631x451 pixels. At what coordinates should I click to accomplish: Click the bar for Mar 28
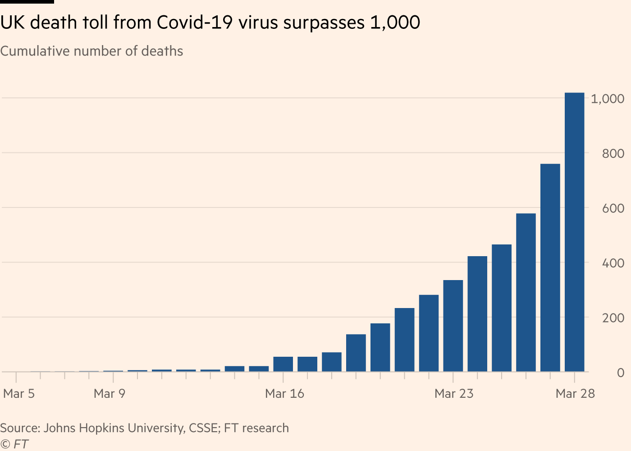pos(574,232)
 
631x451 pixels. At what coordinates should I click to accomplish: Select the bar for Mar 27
pos(550,268)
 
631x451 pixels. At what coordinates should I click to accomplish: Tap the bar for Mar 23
pos(453,326)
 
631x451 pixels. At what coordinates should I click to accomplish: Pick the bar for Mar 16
pos(283,364)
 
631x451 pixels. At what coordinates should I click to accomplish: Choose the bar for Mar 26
pos(526,293)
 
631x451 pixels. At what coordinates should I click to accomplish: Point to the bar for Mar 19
pos(356,353)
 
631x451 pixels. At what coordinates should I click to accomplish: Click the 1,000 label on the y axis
pos(608,99)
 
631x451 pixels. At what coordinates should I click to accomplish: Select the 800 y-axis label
pos(613,154)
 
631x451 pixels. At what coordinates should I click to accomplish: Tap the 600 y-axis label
pos(613,208)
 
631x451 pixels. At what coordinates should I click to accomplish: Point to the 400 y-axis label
pos(613,263)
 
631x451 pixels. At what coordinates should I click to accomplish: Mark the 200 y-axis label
pos(613,318)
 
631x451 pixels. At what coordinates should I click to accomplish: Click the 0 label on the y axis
pos(621,373)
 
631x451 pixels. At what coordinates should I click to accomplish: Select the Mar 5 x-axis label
pos(19,393)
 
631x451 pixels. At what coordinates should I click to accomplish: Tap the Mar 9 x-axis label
pos(110,393)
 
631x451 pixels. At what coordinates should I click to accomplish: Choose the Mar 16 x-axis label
pos(284,393)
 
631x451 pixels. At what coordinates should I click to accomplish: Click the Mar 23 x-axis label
pos(454,393)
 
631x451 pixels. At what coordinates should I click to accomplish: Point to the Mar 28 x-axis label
pos(575,393)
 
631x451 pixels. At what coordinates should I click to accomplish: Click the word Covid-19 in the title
pos(195,22)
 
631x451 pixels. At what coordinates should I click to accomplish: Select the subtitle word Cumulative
pos(35,51)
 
